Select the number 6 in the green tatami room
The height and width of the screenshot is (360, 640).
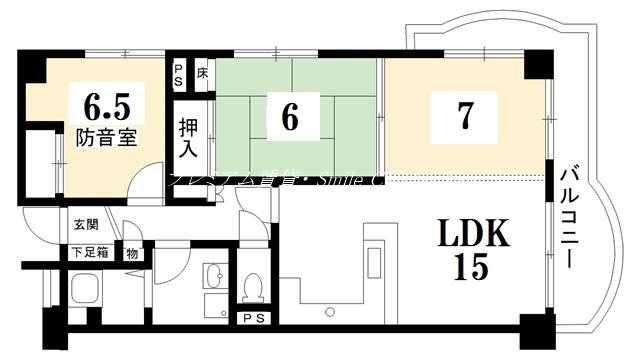point(290,118)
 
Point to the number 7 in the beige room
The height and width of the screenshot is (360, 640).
point(464,116)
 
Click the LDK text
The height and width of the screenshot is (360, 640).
point(473,237)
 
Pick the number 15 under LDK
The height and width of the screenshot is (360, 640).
point(473,268)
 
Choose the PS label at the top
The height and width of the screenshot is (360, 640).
point(179,73)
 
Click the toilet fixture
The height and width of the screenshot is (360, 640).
point(253,284)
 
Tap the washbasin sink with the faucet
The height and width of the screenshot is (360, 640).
point(212,275)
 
